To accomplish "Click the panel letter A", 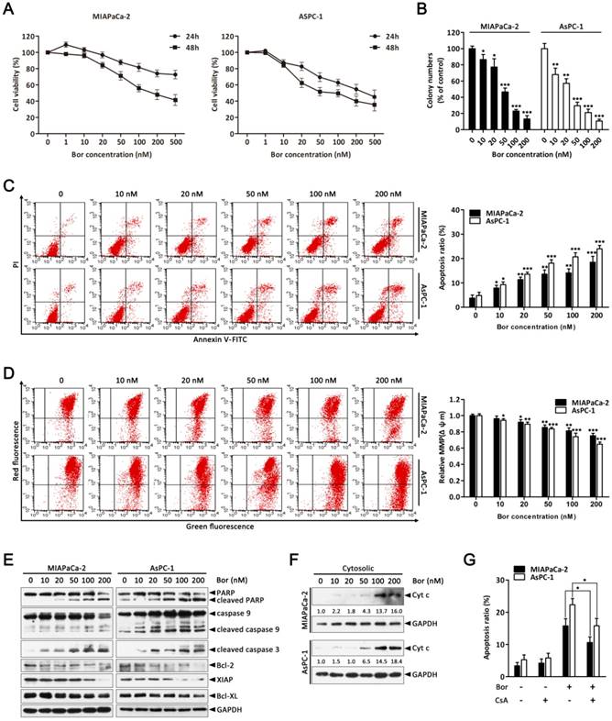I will pos(11,11).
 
